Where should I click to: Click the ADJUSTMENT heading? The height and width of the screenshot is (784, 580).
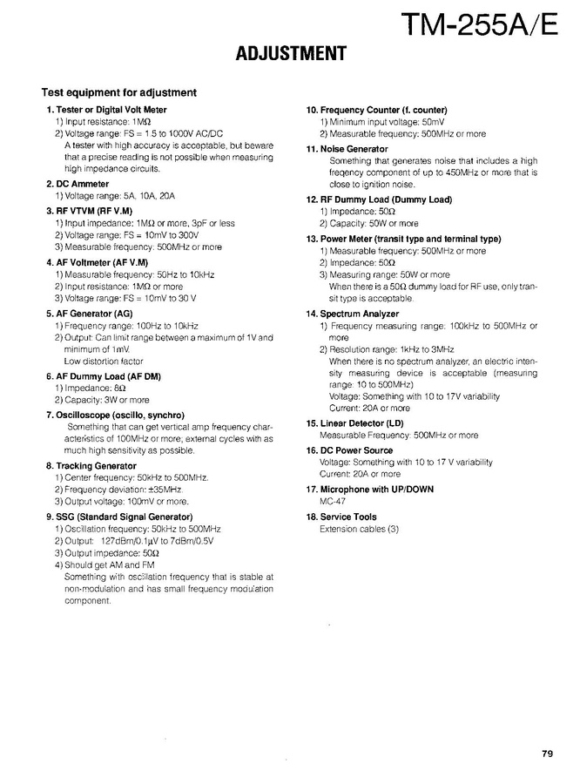point(291,55)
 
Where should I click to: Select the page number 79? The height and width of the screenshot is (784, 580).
point(546,754)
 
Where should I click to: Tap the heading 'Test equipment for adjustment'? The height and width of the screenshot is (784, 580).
point(119,92)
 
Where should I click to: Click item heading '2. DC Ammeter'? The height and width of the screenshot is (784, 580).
point(78,185)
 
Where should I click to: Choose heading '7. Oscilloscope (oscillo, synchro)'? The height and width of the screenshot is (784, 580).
point(115,416)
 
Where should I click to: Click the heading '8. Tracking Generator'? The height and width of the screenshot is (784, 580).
point(91,466)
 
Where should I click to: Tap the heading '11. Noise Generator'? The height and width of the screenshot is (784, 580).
point(347,149)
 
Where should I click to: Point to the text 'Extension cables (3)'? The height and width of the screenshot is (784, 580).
point(359,529)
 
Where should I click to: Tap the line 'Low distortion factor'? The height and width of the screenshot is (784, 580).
point(104,361)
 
